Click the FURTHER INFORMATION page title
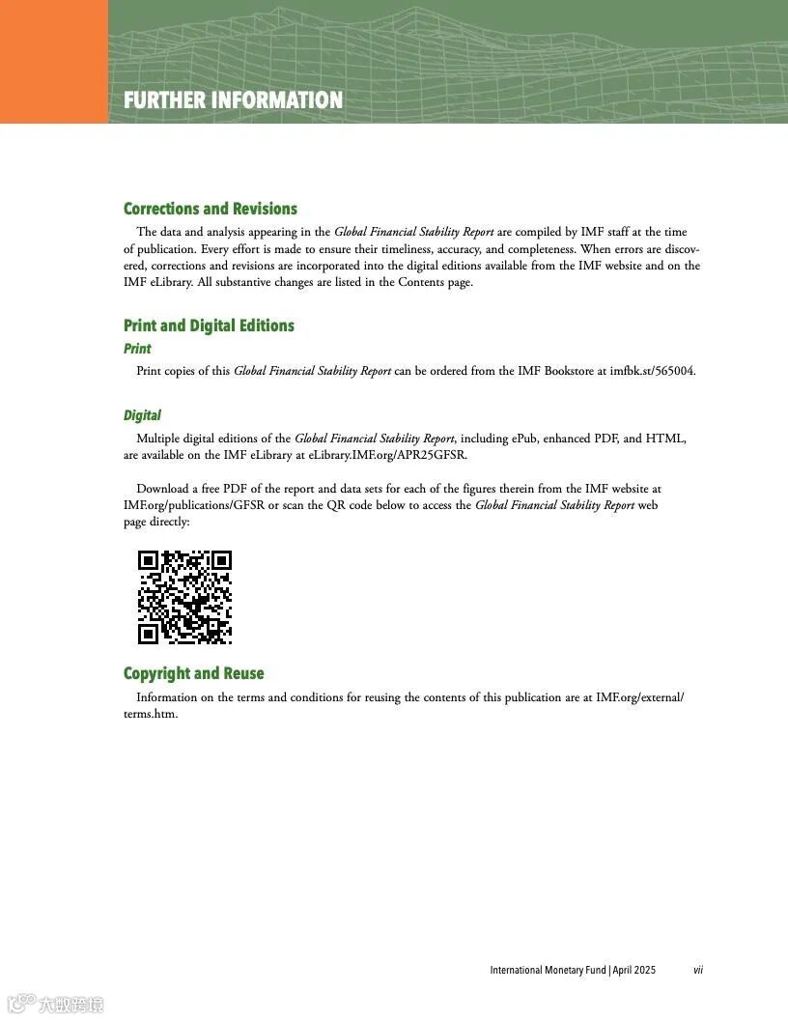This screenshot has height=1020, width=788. (x=233, y=100)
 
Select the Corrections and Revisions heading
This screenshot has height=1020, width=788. (x=210, y=209)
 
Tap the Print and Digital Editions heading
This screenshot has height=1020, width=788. (x=209, y=326)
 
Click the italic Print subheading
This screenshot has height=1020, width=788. (x=137, y=349)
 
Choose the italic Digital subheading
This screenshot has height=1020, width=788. (x=142, y=415)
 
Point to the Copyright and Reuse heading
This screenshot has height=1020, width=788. (x=193, y=673)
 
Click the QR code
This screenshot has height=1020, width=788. (x=184, y=597)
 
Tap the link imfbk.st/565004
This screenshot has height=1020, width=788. (x=652, y=371)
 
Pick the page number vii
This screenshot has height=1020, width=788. (x=697, y=970)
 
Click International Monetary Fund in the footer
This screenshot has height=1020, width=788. (x=548, y=970)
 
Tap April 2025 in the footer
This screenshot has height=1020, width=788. (x=633, y=970)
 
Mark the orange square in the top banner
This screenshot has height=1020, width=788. (x=54, y=62)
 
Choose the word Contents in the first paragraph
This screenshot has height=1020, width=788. (x=421, y=282)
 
